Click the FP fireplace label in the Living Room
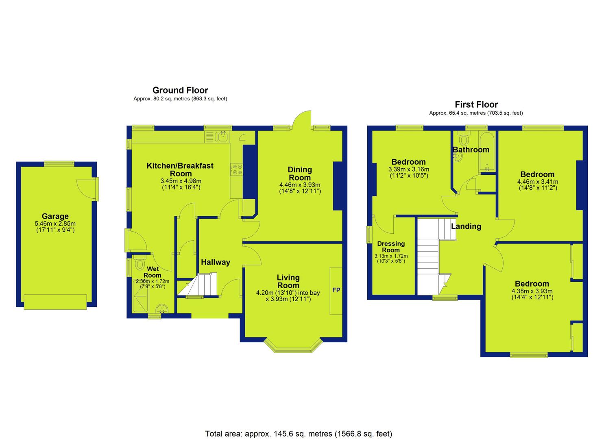click(336, 290)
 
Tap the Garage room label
click(55, 216)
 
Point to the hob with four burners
click(236, 169)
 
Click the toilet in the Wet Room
click(139, 263)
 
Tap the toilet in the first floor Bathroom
click(464, 139)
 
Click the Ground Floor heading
click(180, 90)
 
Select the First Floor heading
click(476, 104)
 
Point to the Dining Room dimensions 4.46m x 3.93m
click(300, 185)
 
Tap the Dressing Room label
click(391, 247)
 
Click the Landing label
click(466, 226)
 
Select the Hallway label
click(216, 262)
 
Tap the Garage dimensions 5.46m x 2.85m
click(55, 224)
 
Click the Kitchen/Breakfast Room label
click(180, 170)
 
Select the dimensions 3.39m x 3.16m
click(409, 170)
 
